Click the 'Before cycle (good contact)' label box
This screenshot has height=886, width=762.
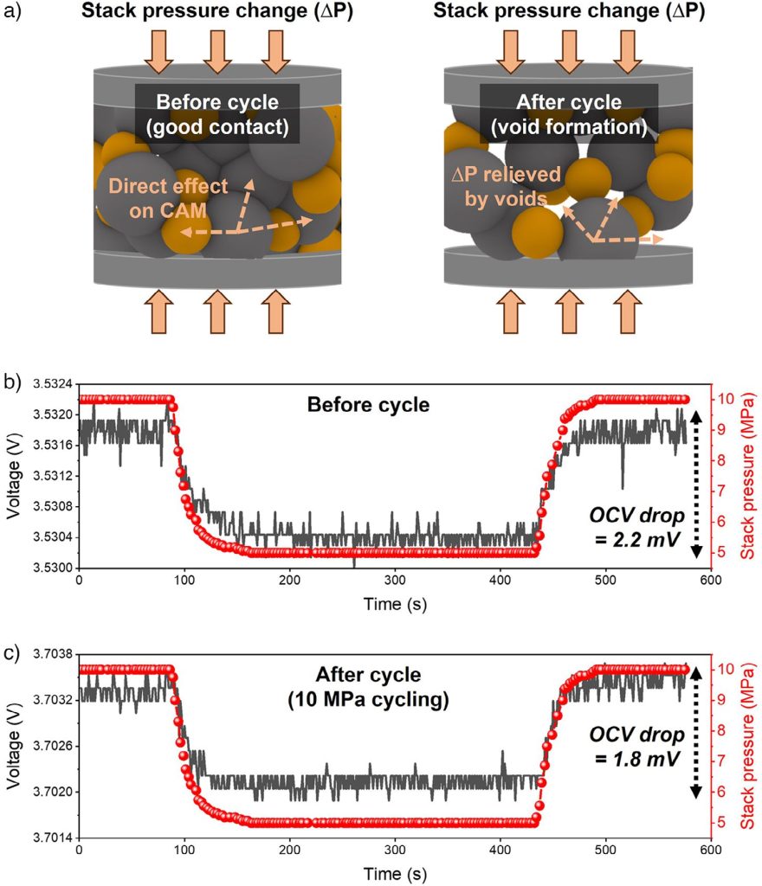[x=217, y=114]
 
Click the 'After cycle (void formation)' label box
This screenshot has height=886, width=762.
[x=568, y=114]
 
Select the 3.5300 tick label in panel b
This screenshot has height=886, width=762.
[x=52, y=568]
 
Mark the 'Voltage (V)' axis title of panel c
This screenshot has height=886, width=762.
[x=14, y=744]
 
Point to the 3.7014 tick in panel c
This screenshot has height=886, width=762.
[x=52, y=838]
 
